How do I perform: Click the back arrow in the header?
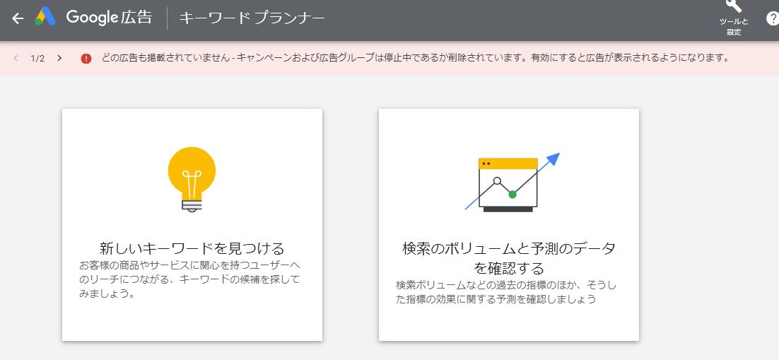pyautogui.click(x=18, y=18)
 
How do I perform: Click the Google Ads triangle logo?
pyautogui.click(x=45, y=17)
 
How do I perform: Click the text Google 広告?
pyautogui.click(x=110, y=18)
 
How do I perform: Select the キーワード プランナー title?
pyautogui.click(x=252, y=18)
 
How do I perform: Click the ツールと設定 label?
pyautogui.click(x=734, y=26)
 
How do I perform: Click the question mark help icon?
pyautogui.click(x=773, y=18)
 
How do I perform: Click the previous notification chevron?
pyautogui.click(x=16, y=58)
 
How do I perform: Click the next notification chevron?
pyautogui.click(x=59, y=58)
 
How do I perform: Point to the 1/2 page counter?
pyautogui.click(x=37, y=58)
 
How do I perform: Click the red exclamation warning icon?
pyautogui.click(x=86, y=58)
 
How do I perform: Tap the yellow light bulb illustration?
pyautogui.click(x=192, y=180)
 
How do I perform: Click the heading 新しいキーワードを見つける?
pyautogui.click(x=192, y=248)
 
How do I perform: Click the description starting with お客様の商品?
pyautogui.click(x=189, y=279)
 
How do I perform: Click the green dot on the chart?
pyautogui.click(x=512, y=194)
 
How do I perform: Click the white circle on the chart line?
pyautogui.click(x=498, y=180)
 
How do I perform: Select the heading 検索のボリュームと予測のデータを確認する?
pyautogui.click(x=509, y=258)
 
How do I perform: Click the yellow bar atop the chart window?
pyautogui.click(x=508, y=163)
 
